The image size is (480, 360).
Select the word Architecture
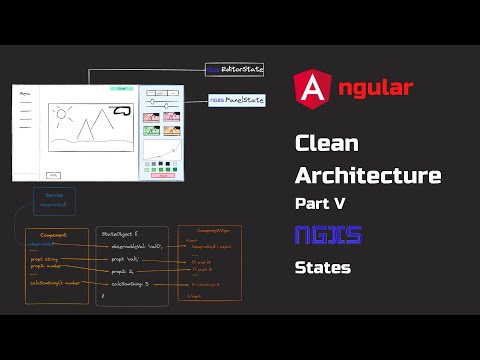tap(368, 176)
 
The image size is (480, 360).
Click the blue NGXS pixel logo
tap(328, 236)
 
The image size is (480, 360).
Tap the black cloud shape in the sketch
tap(123, 111)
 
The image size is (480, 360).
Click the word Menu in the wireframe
tap(25, 94)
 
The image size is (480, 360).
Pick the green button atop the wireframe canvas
tap(121, 89)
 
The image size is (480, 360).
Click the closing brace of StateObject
tap(104, 297)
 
